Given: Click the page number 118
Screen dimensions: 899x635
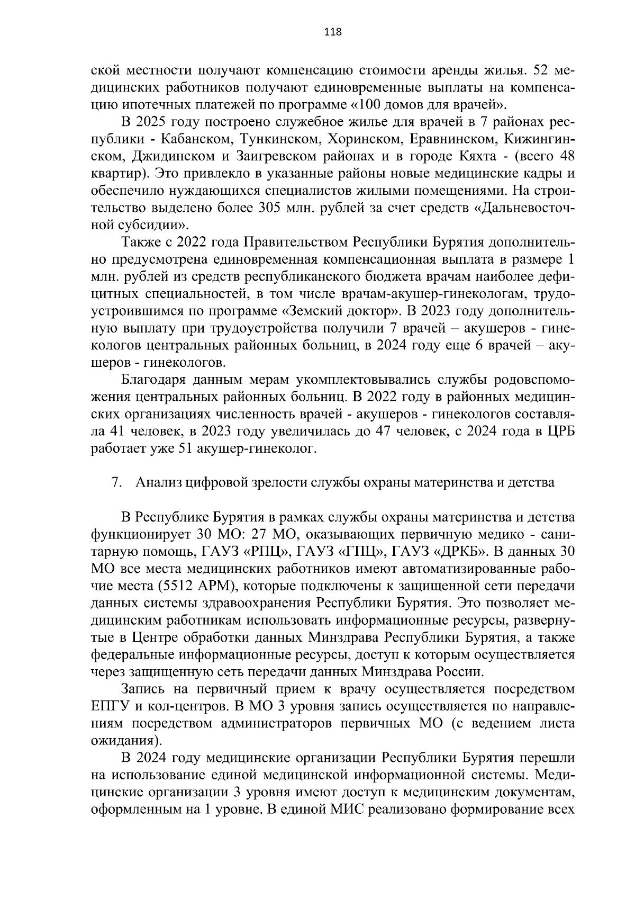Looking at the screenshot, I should (333, 32).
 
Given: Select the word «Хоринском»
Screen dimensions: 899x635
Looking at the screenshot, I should (358, 139).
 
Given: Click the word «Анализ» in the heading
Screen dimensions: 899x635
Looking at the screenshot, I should (157, 483).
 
